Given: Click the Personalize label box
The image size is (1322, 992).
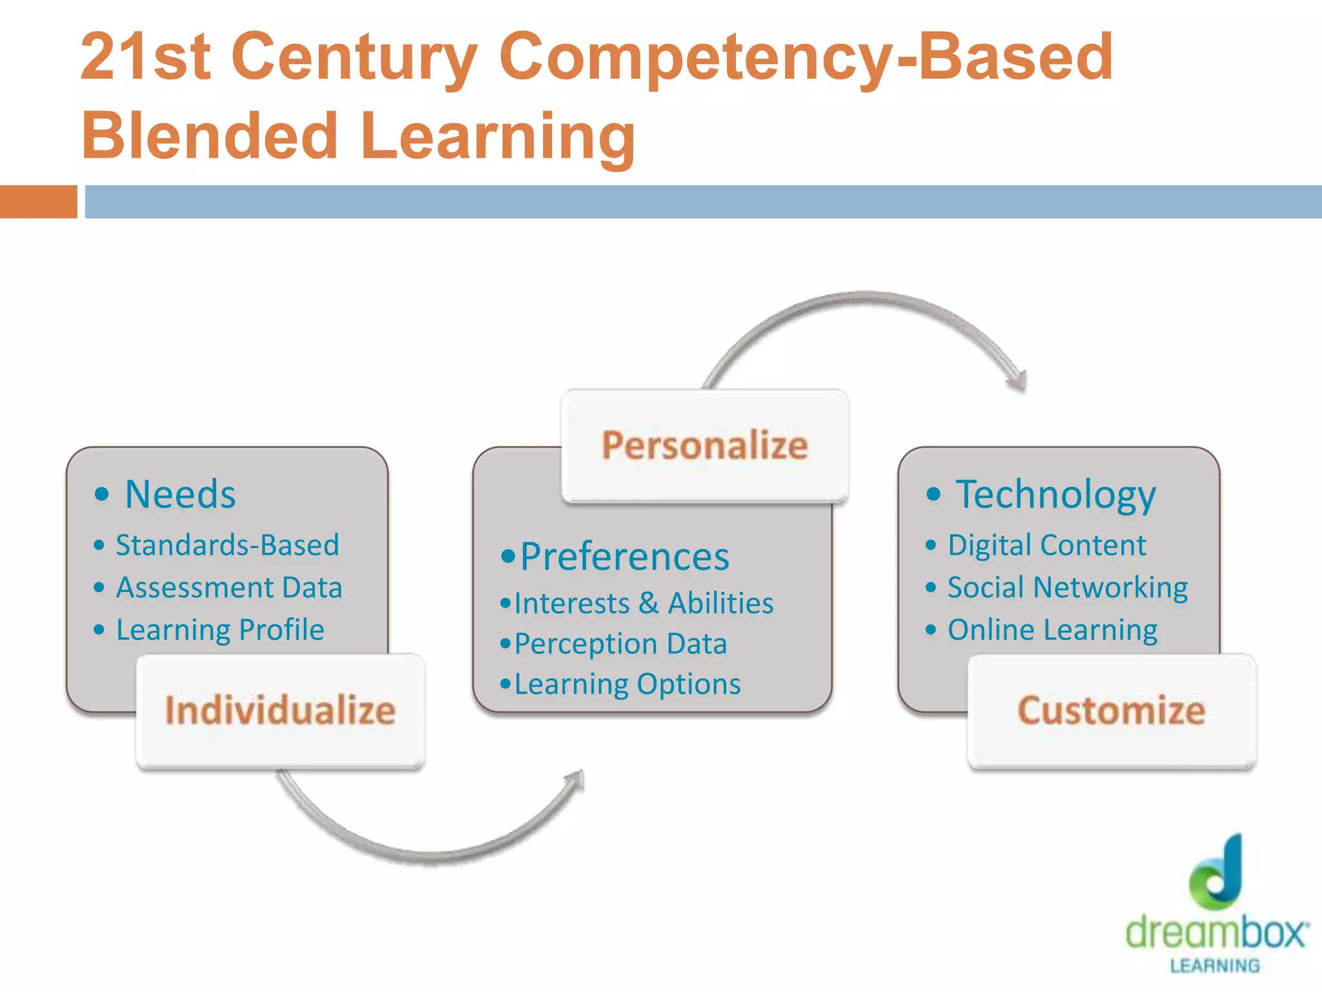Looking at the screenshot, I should pyautogui.click(x=704, y=446).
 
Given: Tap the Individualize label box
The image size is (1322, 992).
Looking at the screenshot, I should pyautogui.click(x=280, y=710).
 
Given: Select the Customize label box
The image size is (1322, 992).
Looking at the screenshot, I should pyautogui.click(x=1112, y=710).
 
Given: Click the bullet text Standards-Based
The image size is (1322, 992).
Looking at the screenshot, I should pyautogui.click(x=227, y=545).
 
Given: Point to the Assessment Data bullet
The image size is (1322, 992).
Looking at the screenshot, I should pyautogui.click(x=229, y=588).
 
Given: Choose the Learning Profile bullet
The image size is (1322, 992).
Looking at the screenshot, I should pyautogui.click(x=219, y=630).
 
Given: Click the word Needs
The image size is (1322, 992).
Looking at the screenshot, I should pyautogui.click(x=180, y=495).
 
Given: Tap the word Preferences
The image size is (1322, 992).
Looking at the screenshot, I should pyautogui.click(x=624, y=557).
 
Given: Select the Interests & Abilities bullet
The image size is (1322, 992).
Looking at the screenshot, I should pyautogui.click(x=644, y=604).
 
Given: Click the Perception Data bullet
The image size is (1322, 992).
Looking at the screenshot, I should pyautogui.click(x=620, y=644).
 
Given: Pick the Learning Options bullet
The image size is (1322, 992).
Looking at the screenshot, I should pyautogui.click(x=627, y=685).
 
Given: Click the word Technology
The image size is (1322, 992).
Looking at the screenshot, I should pyautogui.click(x=1055, y=495).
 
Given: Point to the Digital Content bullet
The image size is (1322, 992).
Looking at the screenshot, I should pyautogui.click(x=1046, y=545).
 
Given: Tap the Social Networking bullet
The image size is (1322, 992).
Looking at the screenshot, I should pyautogui.click(x=1067, y=588).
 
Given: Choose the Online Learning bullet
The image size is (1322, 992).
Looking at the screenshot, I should pyautogui.click(x=1052, y=630).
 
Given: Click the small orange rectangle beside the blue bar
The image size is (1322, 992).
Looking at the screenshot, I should pyautogui.click(x=38, y=201).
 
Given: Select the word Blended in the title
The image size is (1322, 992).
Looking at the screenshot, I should pyautogui.click(x=210, y=136).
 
